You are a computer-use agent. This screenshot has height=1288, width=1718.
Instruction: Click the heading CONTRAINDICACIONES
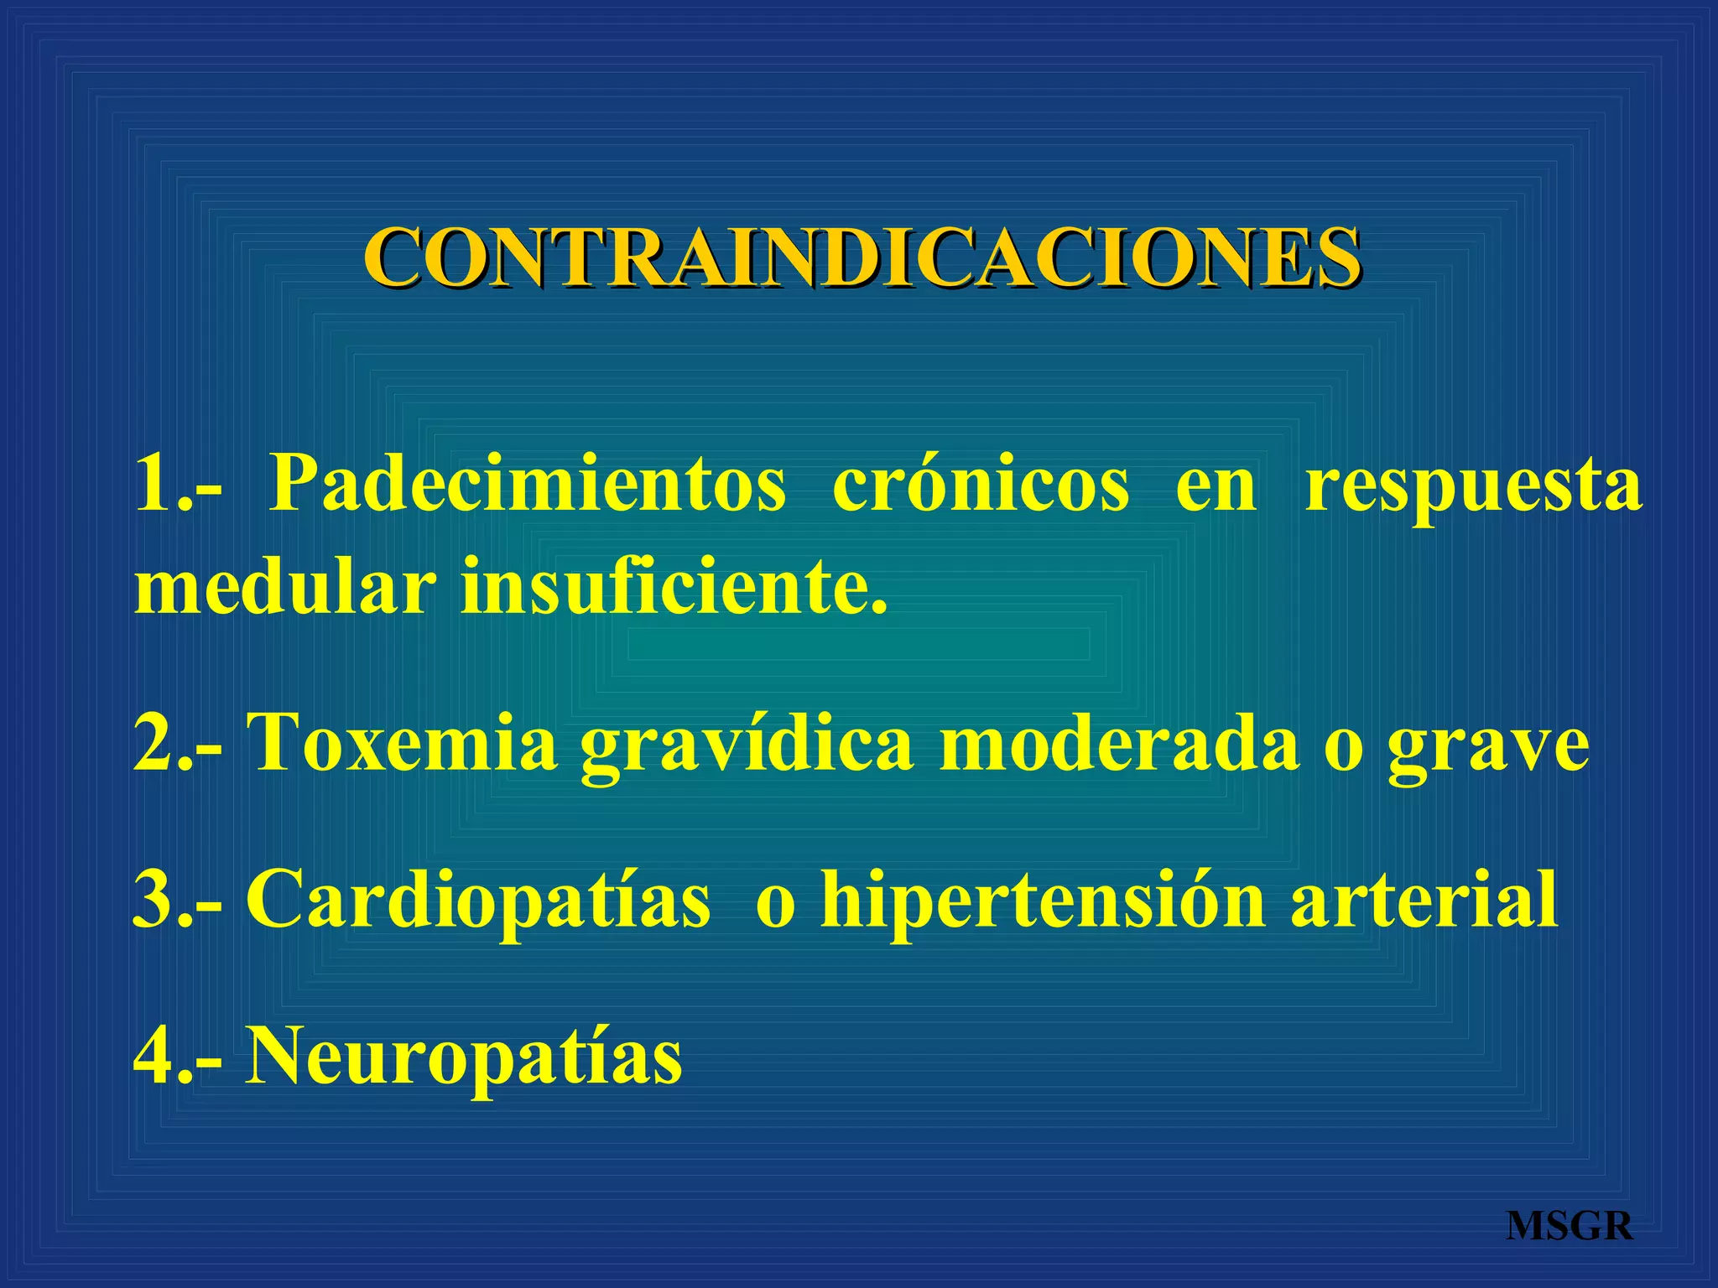point(862,257)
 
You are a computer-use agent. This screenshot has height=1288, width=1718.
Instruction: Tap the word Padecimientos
point(528,486)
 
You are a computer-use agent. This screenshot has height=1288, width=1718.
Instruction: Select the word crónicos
point(981,486)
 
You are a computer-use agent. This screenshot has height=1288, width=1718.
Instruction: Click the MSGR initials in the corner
point(1570,1227)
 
